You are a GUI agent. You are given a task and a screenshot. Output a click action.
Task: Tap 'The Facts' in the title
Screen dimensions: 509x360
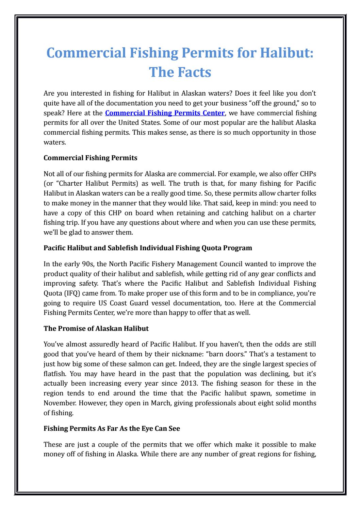tap(180, 72)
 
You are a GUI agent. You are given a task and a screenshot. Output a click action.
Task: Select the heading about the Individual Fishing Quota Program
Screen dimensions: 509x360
tap(148, 248)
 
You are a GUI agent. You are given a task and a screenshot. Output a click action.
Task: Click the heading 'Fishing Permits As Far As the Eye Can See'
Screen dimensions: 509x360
tap(112, 428)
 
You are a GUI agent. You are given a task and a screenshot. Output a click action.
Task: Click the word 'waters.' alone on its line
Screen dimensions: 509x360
tap(54, 142)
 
